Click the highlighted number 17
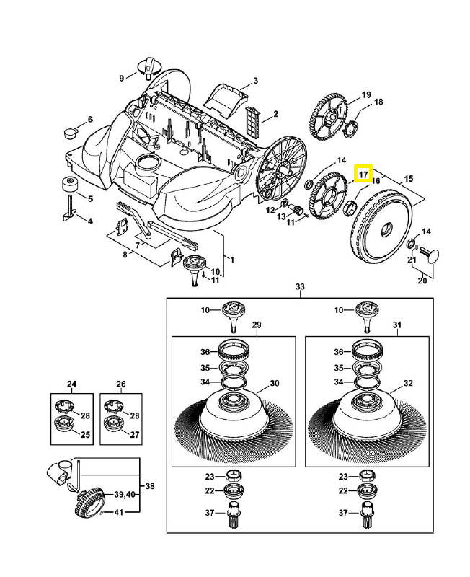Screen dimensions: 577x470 coord(363,174)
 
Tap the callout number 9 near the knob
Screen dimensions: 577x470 coord(123,78)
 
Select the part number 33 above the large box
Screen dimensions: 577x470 coord(301,287)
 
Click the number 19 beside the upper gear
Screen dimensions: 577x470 coord(366,95)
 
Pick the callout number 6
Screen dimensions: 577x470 coord(90,119)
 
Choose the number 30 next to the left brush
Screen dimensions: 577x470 coord(273,383)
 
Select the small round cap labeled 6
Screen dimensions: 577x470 coord(70,132)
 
